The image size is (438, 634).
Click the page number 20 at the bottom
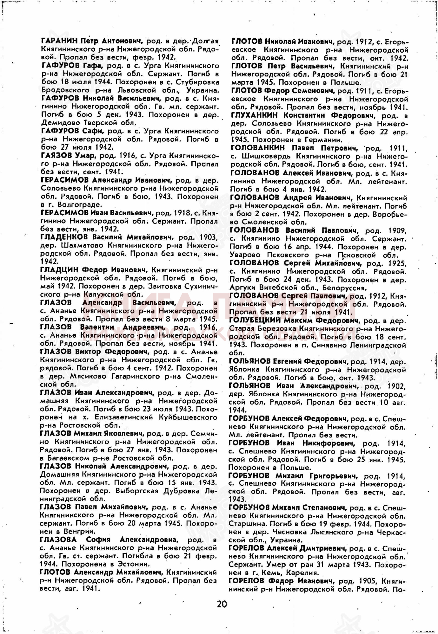pyautogui.click(x=222, y=604)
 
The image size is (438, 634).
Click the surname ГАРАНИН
pyautogui.click(x=59, y=41)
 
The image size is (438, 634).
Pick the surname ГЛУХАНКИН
pyautogui.click(x=254, y=115)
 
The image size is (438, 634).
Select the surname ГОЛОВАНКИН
pyautogui.click(x=258, y=148)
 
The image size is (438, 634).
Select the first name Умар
pyautogui.click(x=85, y=156)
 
